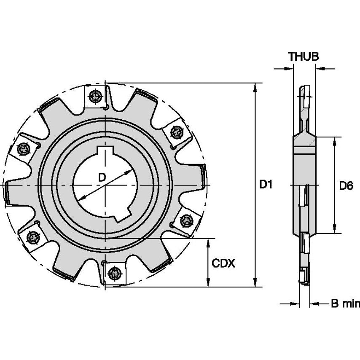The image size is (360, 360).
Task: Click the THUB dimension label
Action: [x=303, y=56]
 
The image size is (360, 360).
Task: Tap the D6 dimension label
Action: [x=346, y=185]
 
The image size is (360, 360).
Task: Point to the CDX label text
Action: [x=223, y=264]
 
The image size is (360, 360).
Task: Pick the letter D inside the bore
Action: [x=102, y=177]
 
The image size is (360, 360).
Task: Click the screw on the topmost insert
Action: [x=97, y=97]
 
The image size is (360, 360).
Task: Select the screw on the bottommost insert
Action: [x=114, y=274]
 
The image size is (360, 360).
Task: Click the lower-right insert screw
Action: [x=186, y=220]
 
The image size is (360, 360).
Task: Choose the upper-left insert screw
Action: [x=24, y=149]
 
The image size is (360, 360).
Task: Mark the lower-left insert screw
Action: [x=33, y=239]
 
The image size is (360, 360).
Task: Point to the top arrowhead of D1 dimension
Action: [x=255, y=86]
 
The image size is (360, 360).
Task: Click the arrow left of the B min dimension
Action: [x=294, y=304]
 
